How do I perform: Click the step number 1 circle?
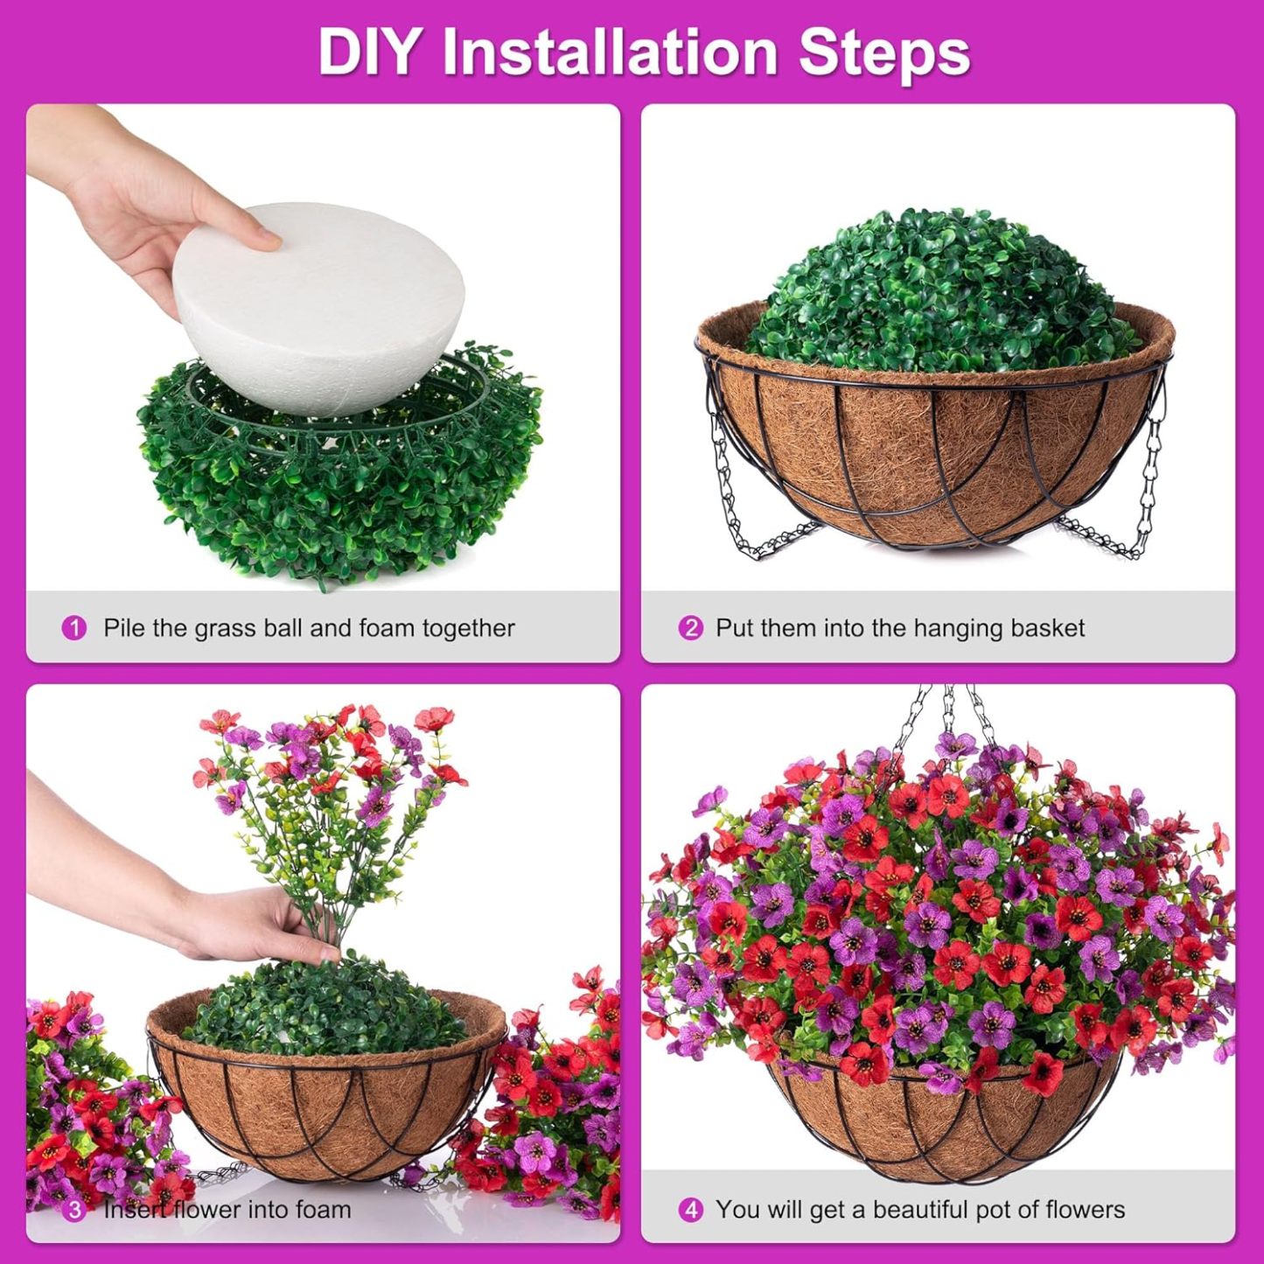pos(74,628)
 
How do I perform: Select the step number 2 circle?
pos(690,628)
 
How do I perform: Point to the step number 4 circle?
pos(690,1210)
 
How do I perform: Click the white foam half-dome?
pos(319,315)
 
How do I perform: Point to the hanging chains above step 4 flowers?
pos(949,717)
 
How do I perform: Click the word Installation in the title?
pos(610,52)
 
